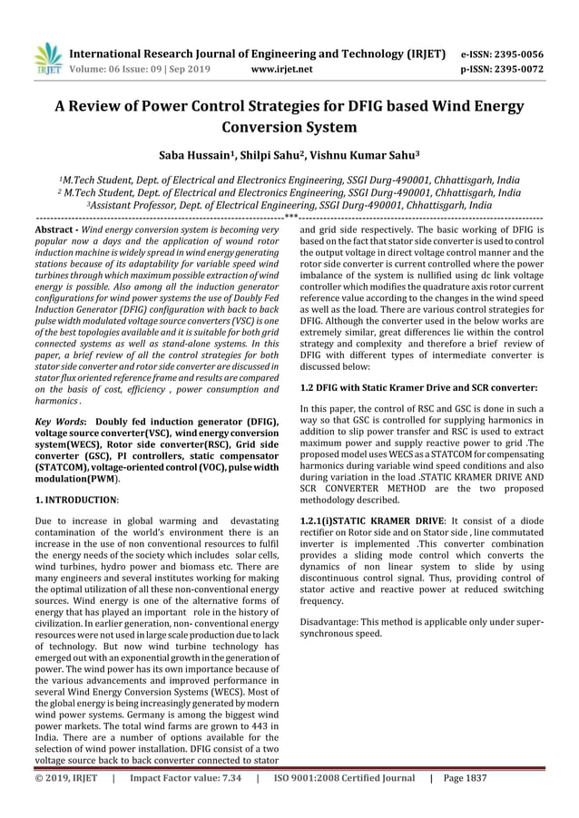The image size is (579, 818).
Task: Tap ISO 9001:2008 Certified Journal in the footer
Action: (x=344, y=803)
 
